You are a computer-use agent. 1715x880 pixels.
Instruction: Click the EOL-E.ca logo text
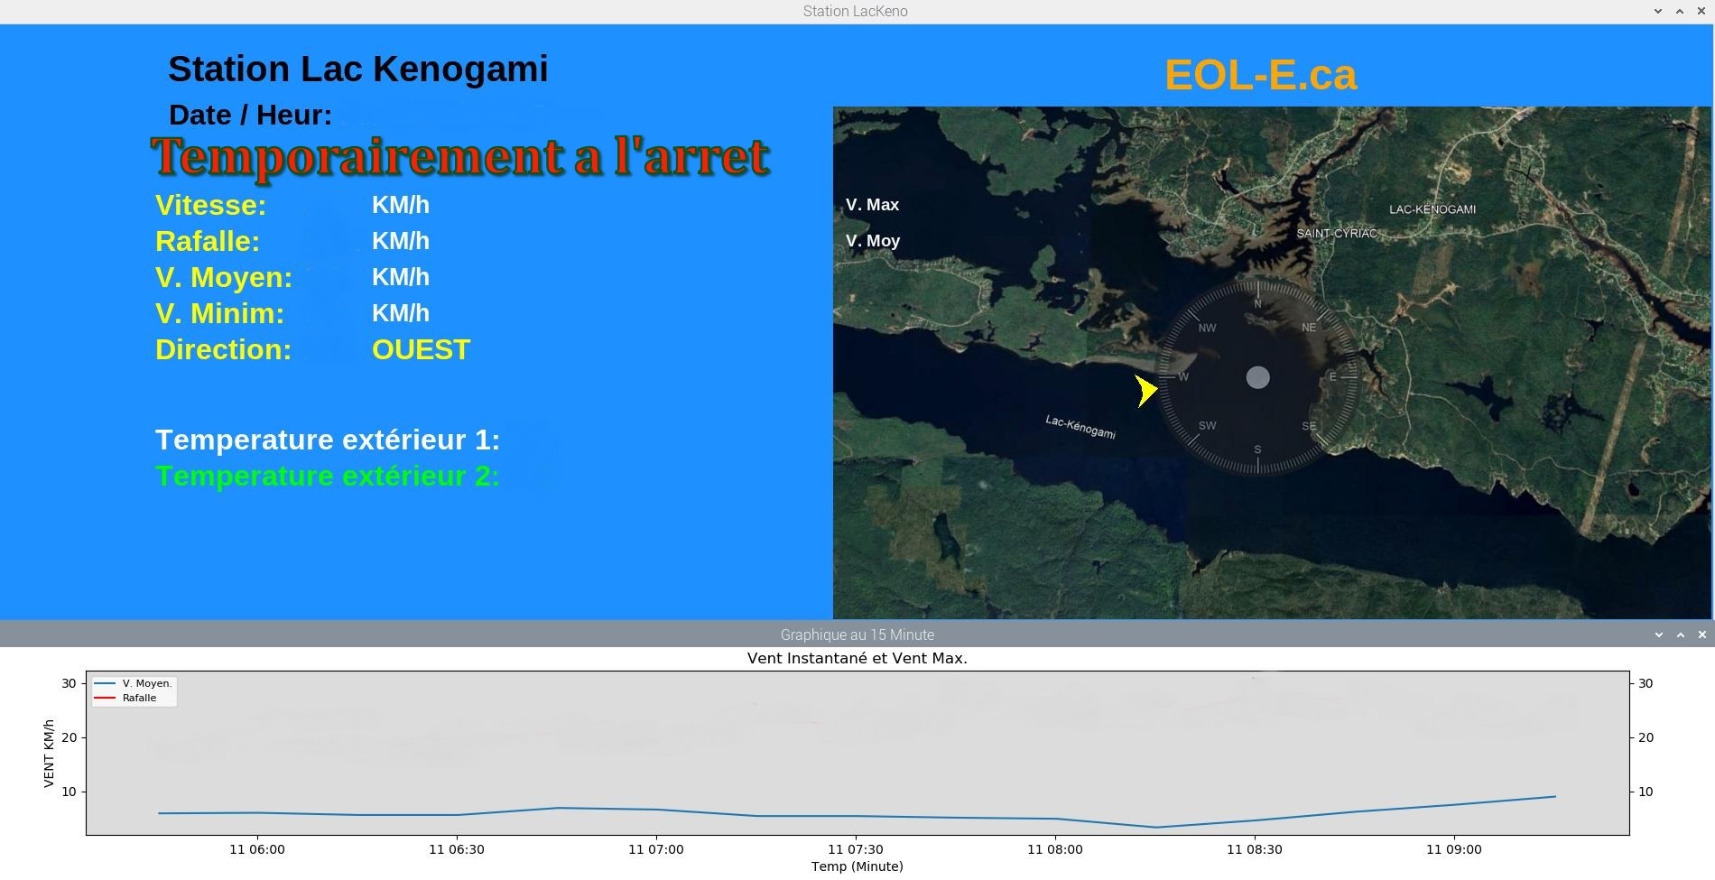coord(1260,75)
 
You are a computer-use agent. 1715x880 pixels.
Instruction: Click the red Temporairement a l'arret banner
coord(460,157)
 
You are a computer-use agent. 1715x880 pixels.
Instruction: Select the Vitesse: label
coord(210,205)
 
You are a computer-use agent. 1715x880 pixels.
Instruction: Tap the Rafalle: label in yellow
coord(208,241)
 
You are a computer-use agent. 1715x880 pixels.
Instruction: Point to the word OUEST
coord(421,349)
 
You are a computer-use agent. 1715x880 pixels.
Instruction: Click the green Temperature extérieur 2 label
coord(328,476)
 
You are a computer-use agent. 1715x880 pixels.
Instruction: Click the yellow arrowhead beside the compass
coord(1145,390)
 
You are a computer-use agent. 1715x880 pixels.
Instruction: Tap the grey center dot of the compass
coord(1257,377)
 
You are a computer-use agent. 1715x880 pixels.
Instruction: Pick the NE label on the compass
coord(1309,328)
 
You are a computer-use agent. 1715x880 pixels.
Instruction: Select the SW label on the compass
coord(1207,425)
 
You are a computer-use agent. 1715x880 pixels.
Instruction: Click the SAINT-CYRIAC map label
coord(1337,233)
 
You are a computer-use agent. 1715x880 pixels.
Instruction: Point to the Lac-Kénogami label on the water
coord(1080,427)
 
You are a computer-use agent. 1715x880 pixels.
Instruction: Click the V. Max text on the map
coord(872,205)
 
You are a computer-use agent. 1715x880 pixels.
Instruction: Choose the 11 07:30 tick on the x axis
coord(856,849)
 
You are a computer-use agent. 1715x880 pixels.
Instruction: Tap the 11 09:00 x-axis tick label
coord(1454,849)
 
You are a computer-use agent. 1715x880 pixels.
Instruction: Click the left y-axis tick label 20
coord(69,737)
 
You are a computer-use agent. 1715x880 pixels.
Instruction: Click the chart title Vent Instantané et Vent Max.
coord(857,658)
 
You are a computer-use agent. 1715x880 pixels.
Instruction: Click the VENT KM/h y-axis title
coord(49,754)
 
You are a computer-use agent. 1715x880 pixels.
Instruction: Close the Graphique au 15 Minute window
coord(1702,635)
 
